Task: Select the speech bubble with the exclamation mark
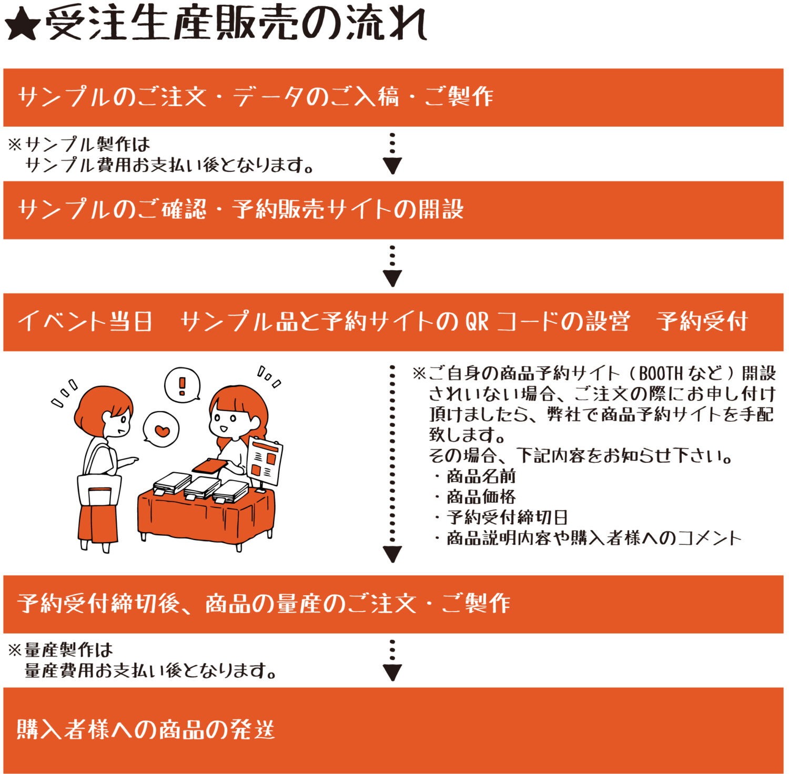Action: coord(182,384)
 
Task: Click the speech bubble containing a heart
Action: coord(161,430)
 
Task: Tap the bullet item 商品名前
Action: coord(481,476)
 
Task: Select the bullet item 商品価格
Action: coord(481,497)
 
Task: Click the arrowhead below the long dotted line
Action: coord(392,554)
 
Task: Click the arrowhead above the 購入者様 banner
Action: coord(392,672)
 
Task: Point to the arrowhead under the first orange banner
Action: coord(392,165)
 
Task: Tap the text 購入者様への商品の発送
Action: coord(146,730)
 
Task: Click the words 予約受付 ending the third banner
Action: coord(702,322)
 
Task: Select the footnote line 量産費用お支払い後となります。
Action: coord(151,670)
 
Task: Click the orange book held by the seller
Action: coord(210,466)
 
